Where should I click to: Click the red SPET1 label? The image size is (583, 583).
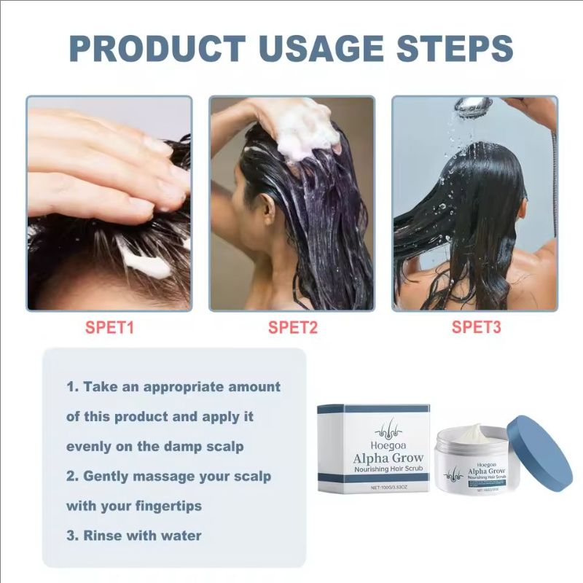click(x=110, y=328)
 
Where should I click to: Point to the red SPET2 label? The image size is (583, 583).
click(x=293, y=328)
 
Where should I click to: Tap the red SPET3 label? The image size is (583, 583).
click(x=477, y=328)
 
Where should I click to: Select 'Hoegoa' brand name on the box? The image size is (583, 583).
click(x=374, y=445)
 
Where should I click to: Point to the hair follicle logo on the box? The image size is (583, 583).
click(x=374, y=429)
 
